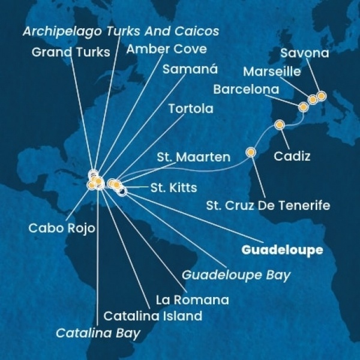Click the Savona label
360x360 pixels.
point(305,53)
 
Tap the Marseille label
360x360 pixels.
point(272,72)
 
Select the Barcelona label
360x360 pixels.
point(246,90)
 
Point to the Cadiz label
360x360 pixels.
point(292,157)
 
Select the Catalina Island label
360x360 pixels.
point(152,315)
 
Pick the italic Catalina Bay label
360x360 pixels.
point(98,332)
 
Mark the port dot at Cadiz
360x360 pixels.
point(280,125)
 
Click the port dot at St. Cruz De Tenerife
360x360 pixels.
point(251,152)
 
